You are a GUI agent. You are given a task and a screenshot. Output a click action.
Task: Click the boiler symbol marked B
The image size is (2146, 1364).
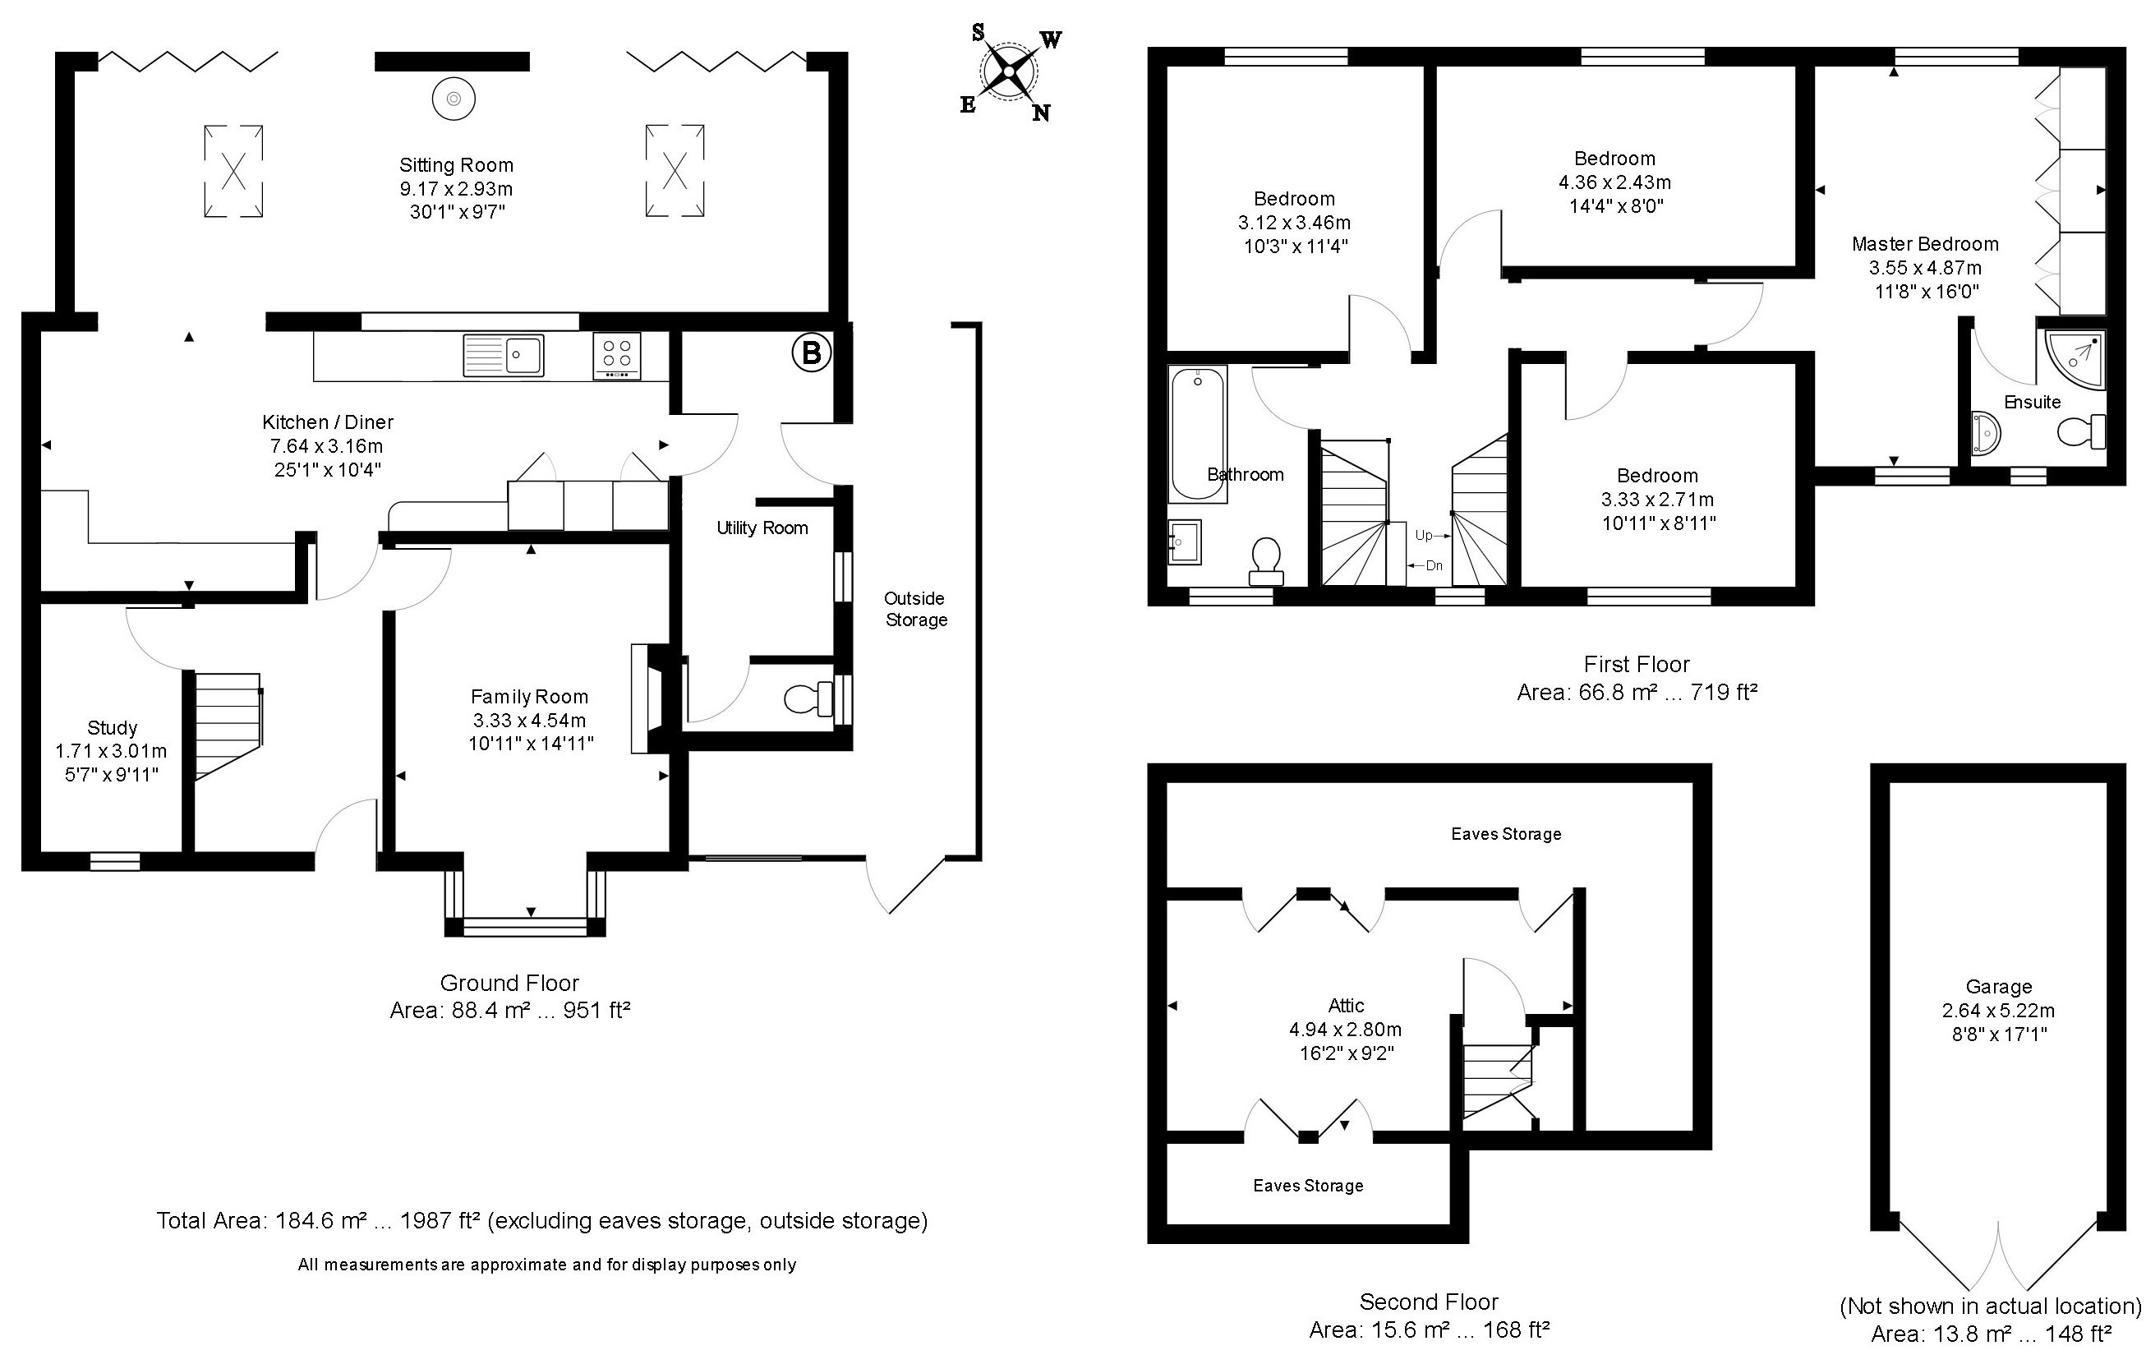coord(811,353)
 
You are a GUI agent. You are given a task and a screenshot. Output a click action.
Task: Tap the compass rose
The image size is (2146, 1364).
coord(1008,71)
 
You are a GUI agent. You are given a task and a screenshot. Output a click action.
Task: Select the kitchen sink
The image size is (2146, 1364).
coord(504,356)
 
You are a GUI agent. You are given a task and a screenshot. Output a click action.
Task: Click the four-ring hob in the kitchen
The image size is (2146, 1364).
coord(617,356)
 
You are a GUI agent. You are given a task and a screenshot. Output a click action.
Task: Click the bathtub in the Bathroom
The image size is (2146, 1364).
coord(1197,434)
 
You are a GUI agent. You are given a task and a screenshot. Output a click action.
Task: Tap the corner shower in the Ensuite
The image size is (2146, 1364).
coord(2075,358)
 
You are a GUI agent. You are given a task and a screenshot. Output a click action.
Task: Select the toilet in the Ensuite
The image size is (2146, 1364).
coord(2082,432)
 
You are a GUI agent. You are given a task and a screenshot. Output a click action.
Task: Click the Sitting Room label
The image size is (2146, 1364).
coord(456,165)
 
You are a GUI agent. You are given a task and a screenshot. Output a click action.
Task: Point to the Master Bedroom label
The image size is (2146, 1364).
coord(1925,244)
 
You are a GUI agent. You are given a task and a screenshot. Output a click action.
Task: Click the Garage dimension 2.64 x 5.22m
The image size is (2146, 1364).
coord(1998,1011)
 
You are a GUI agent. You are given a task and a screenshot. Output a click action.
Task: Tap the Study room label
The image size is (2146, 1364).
coord(113,727)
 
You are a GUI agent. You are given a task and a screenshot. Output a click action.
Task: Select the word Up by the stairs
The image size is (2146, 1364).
coord(1423,535)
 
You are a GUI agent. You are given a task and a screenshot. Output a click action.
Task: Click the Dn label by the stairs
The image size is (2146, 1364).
coord(1434,565)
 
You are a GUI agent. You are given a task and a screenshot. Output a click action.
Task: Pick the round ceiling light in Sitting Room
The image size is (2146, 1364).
coord(453,98)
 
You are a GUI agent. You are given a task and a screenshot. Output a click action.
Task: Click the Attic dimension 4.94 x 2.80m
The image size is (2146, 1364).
coord(1346,1030)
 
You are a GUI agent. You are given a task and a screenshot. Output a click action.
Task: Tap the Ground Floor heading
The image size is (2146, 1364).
coord(509,984)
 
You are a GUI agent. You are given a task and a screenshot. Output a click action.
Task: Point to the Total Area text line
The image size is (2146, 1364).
coord(542,1220)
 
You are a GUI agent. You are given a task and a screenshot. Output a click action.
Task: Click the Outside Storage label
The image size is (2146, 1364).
coord(915,609)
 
